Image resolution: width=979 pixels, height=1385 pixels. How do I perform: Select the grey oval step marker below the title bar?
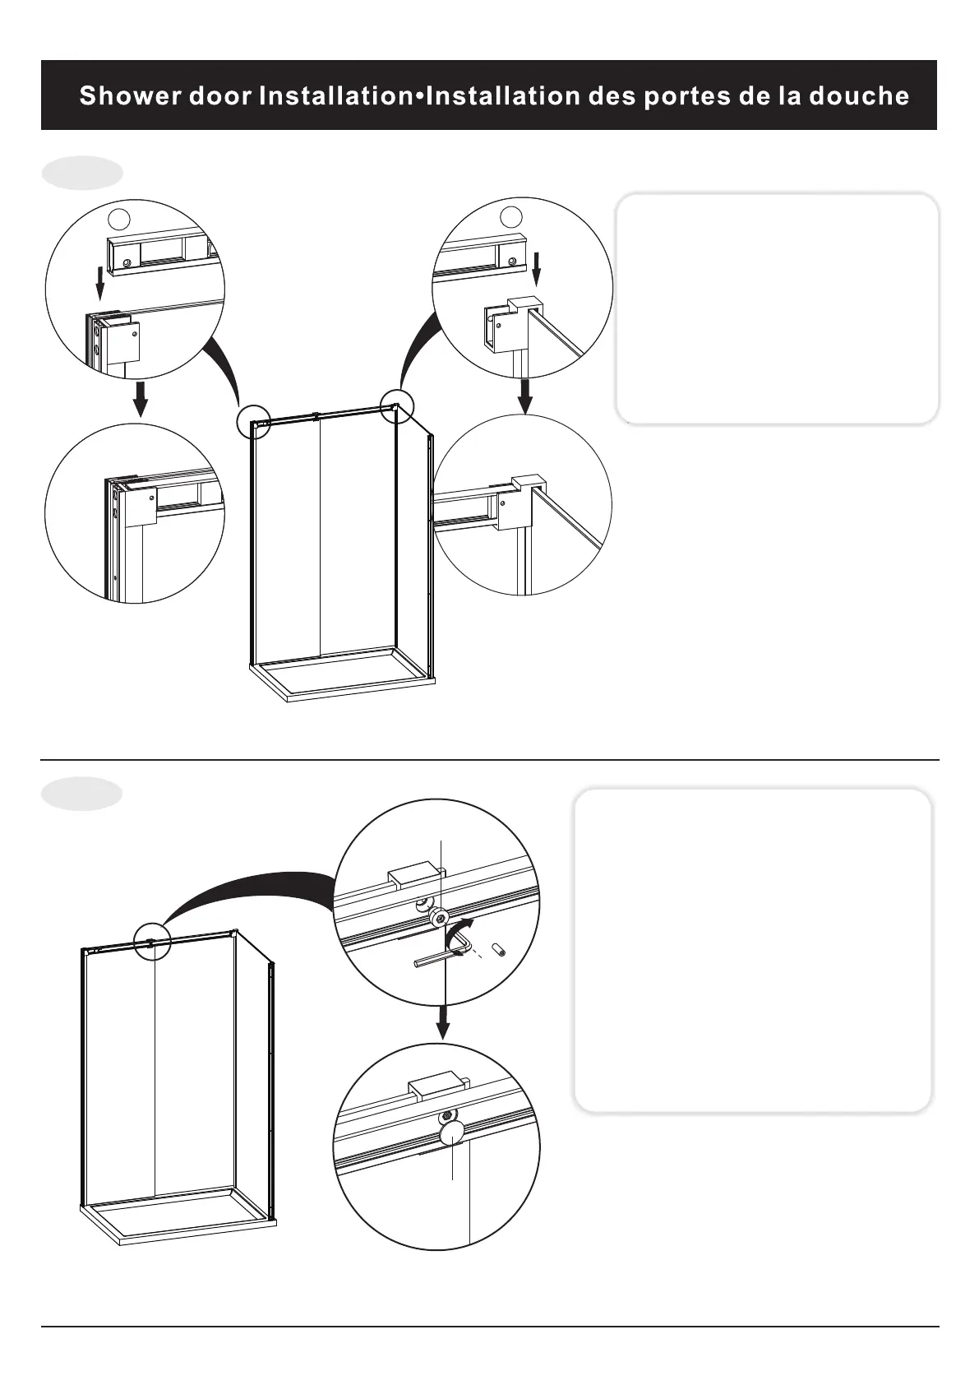coord(82,174)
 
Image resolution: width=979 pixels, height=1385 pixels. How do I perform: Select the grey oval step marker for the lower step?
coord(82,794)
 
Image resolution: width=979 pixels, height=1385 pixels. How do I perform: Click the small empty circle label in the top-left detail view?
coord(119,218)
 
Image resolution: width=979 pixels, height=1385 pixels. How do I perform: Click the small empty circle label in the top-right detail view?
coord(512,216)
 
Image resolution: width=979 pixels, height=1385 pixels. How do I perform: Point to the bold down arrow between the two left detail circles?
coord(141,399)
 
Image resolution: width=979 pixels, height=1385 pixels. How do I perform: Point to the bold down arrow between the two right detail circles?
coord(525,396)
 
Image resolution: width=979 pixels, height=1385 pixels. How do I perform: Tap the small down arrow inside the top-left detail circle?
coord(99,283)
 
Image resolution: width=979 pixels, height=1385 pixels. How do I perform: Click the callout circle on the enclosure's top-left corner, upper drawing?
coord(253,423)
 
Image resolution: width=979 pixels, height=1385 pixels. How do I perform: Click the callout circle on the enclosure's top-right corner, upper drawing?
coord(396,406)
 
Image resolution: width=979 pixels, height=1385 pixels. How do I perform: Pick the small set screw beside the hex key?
coord(497,951)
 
